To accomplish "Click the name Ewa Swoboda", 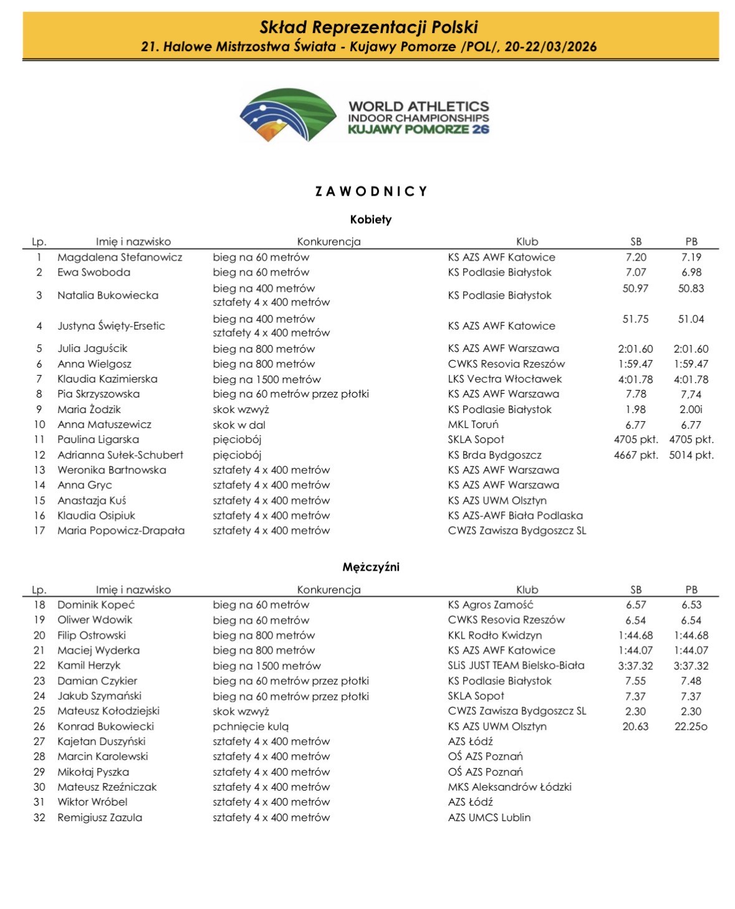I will (94, 272).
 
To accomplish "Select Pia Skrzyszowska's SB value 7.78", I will (635, 394).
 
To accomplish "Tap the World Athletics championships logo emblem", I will (288, 115).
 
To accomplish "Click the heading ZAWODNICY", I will (371, 191).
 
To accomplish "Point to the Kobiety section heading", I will (370, 219).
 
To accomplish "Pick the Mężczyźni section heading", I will (370, 567).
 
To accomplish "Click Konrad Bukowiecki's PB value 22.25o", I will (691, 726).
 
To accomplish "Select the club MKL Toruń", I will (473, 424).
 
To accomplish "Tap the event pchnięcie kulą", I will (251, 726).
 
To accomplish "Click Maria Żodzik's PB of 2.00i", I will (691, 409).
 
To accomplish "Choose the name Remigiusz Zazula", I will (100, 817).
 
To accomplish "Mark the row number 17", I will (39, 531).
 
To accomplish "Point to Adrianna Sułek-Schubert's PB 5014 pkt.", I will (691, 455).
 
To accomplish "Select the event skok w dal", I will (239, 424).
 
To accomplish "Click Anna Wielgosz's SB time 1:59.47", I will (635, 364).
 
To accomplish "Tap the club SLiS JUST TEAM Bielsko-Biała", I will (516, 665).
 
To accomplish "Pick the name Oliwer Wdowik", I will (95, 620).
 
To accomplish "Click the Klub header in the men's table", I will (527, 589).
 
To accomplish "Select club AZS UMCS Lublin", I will (489, 817).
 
